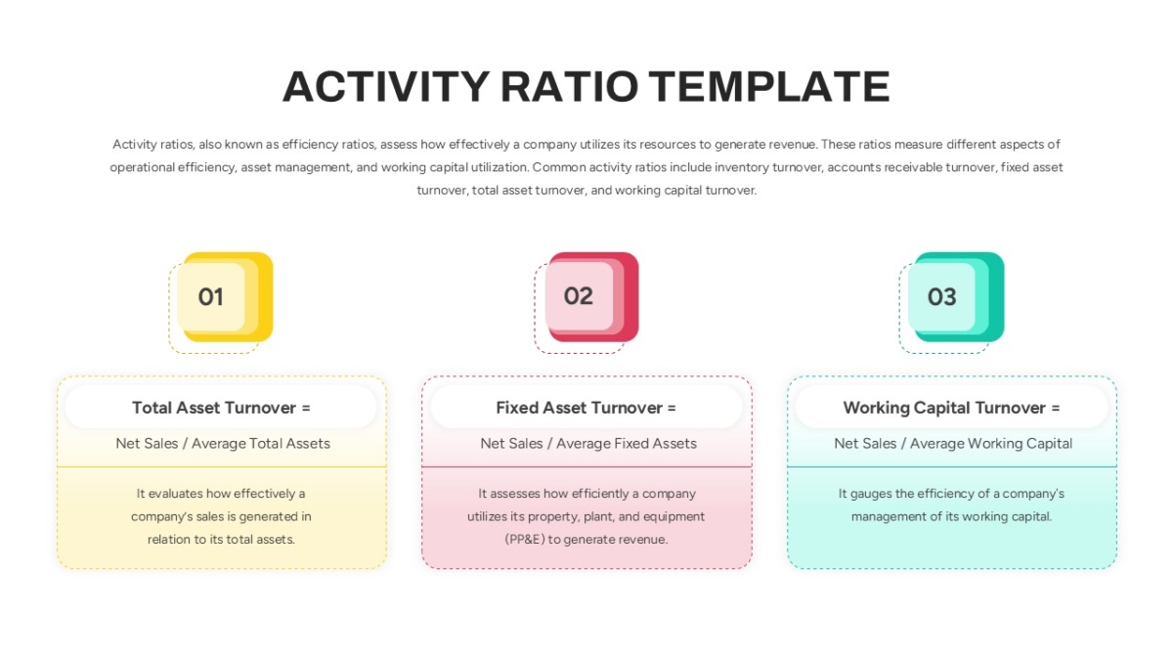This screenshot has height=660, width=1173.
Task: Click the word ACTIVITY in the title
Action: [x=386, y=86]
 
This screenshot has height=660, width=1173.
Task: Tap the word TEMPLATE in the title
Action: [x=769, y=86]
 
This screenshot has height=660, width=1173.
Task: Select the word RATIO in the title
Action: [x=569, y=86]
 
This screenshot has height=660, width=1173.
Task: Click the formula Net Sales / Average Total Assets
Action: [x=223, y=444]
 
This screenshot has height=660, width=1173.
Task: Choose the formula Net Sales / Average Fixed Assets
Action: [x=588, y=444]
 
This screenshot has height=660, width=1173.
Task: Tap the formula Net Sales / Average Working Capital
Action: [x=953, y=444]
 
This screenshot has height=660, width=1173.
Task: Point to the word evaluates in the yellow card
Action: [x=176, y=494]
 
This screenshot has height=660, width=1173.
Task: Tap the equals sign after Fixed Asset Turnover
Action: [x=672, y=408]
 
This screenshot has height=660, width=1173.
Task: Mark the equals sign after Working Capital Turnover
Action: [x=1055, y=408]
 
